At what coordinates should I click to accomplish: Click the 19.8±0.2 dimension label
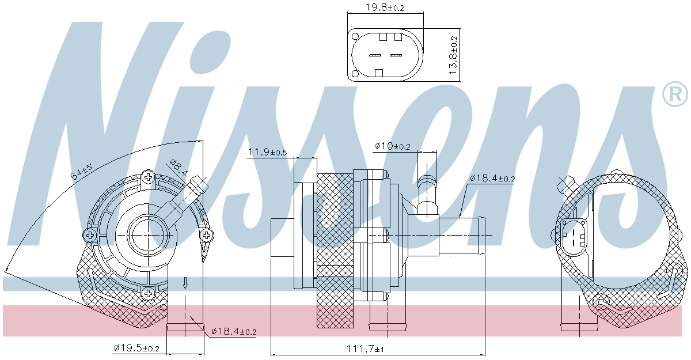(x=385, y=7)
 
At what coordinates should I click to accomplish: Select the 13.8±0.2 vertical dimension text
(x=453, y=55)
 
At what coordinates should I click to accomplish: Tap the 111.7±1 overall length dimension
(x=365, y=348)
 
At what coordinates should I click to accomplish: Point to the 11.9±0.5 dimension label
(x=267, y=151)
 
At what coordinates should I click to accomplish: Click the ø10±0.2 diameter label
(x=392, y=146)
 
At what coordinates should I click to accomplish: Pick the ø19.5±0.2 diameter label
(x=136, y=348)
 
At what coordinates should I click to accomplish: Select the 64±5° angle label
(x=81, y=172)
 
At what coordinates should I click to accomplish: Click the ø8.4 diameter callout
(x=179, y=168)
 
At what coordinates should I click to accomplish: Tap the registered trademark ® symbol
(x=675, y=94)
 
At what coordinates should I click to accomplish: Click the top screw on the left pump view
(x=149, y=177)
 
